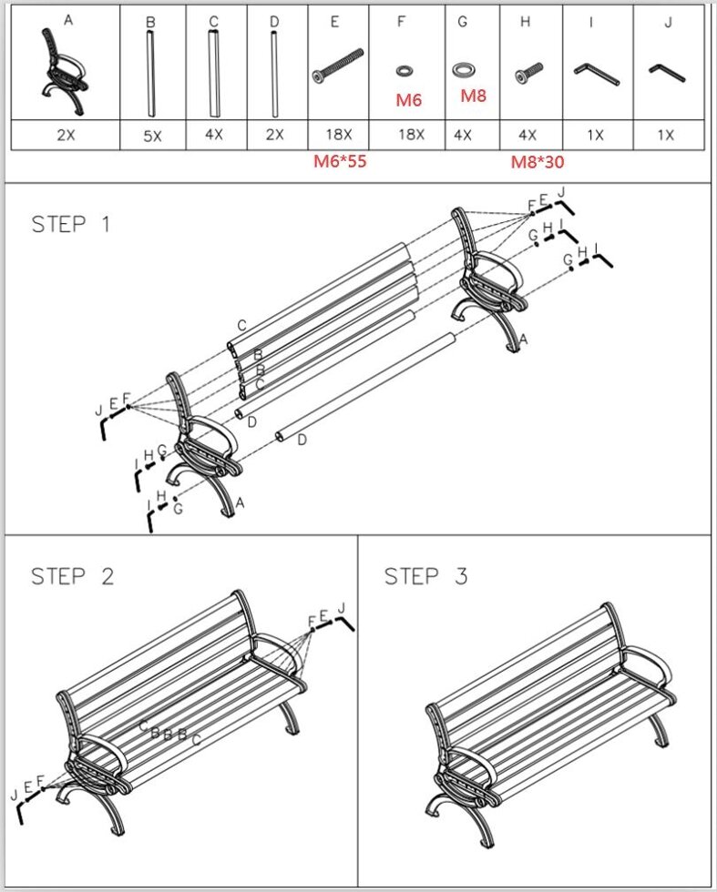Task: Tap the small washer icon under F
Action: [x=404, y=71]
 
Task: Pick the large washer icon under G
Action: [x=463, y=70]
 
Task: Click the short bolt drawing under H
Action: [x=528, y=74]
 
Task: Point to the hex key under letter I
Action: [x=597, y=74]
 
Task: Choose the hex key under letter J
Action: [x=667, y=72]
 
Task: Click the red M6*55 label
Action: [x=340, y=161]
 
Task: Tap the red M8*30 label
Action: [x=537, y=162]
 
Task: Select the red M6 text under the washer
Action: [x=408, y=100]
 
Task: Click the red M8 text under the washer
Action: [x=473, y=96]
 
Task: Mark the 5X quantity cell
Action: [x=153, y=137]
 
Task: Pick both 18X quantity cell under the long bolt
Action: [x=338, y=135]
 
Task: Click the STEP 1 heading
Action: [x=71, y=224]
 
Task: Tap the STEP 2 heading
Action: [x=72, y=576]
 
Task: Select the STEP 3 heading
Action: [x=426, y=576]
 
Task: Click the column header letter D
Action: [x=274, y=22]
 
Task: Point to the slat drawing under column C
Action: [x=213, y=74]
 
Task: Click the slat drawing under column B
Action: [x=151, y=74]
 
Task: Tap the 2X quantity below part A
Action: [x=66, y=135]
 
